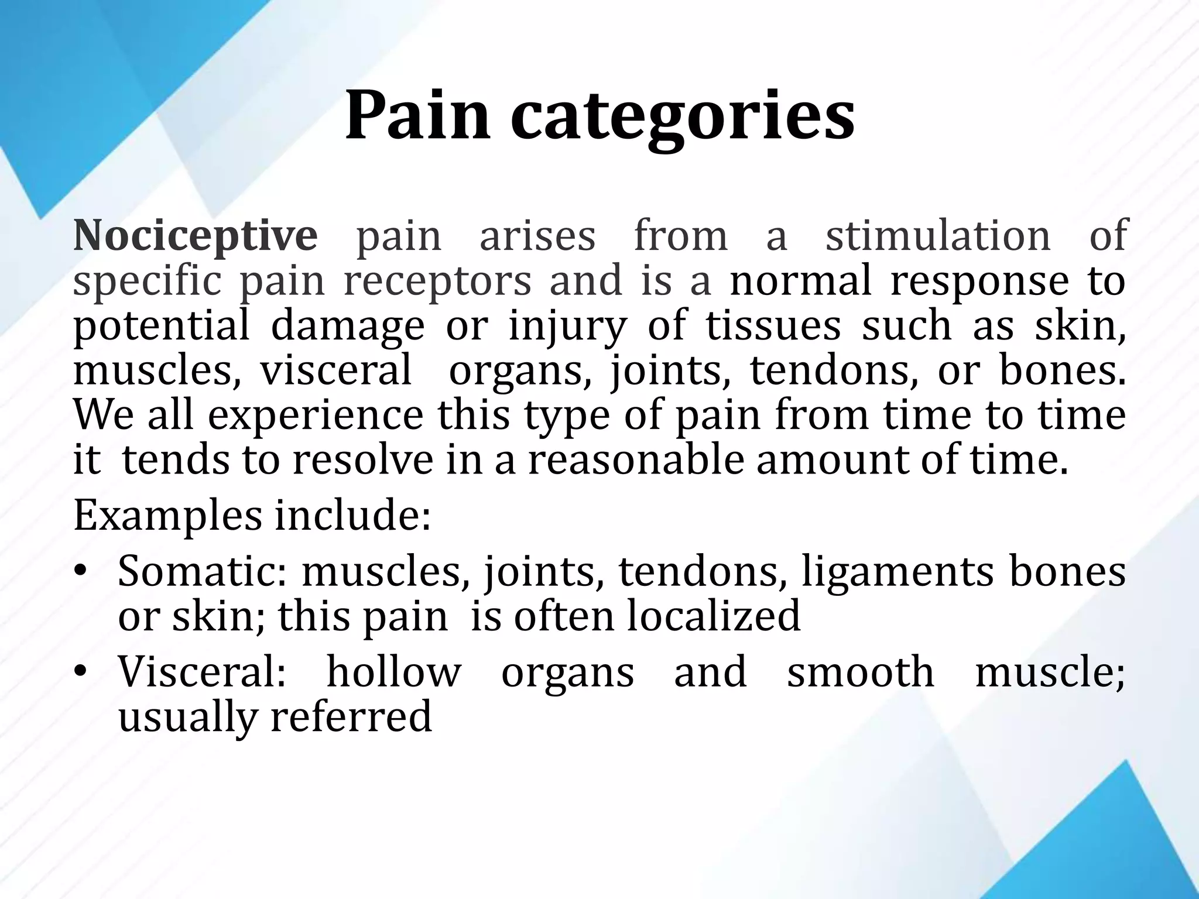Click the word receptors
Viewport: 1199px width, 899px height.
(x=437, y=281)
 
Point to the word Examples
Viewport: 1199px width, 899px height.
(x=168, y=516)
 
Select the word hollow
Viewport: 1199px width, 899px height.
(x=393, y=672)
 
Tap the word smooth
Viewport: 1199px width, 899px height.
(x=861, y=672)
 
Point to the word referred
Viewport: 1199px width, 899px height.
(x=351, y=716)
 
